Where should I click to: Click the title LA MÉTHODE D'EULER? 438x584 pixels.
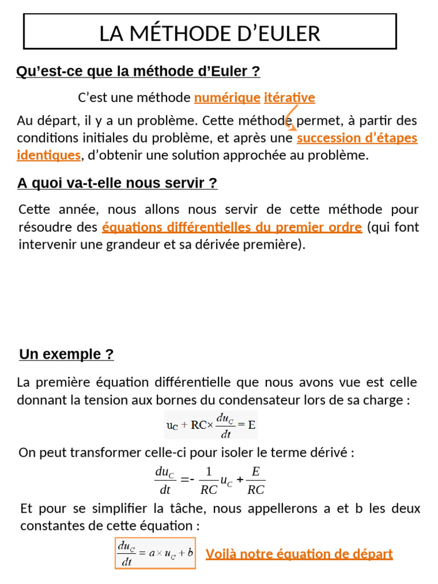(x=210, y=33)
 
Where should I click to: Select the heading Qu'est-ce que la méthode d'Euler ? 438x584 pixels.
(x=138, y=72)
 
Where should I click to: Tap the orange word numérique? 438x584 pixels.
(x=227, y=98)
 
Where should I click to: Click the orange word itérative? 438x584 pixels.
(x=289, y=98)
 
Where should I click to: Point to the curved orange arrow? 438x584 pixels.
(x=290, y=117)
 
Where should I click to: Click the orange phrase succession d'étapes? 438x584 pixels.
(x=357, y=138)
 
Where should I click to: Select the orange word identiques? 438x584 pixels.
(x=48, y=155)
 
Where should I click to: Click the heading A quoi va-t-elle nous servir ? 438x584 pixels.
(x=117, y=184)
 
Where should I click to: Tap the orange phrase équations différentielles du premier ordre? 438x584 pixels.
(x=232, y=228)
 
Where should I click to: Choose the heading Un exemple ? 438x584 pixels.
(x=66, y=355)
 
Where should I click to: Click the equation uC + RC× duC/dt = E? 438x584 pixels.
(x=210, y=425)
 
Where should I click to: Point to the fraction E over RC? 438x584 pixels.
(x=256, y=481)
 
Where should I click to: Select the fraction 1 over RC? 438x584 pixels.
(x=209, y=481)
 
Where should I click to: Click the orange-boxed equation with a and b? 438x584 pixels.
(x=155, y=553)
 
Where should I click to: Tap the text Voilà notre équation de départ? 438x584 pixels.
(x=299, y=554)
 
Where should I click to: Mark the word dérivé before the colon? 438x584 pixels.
(x=327, y=453)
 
